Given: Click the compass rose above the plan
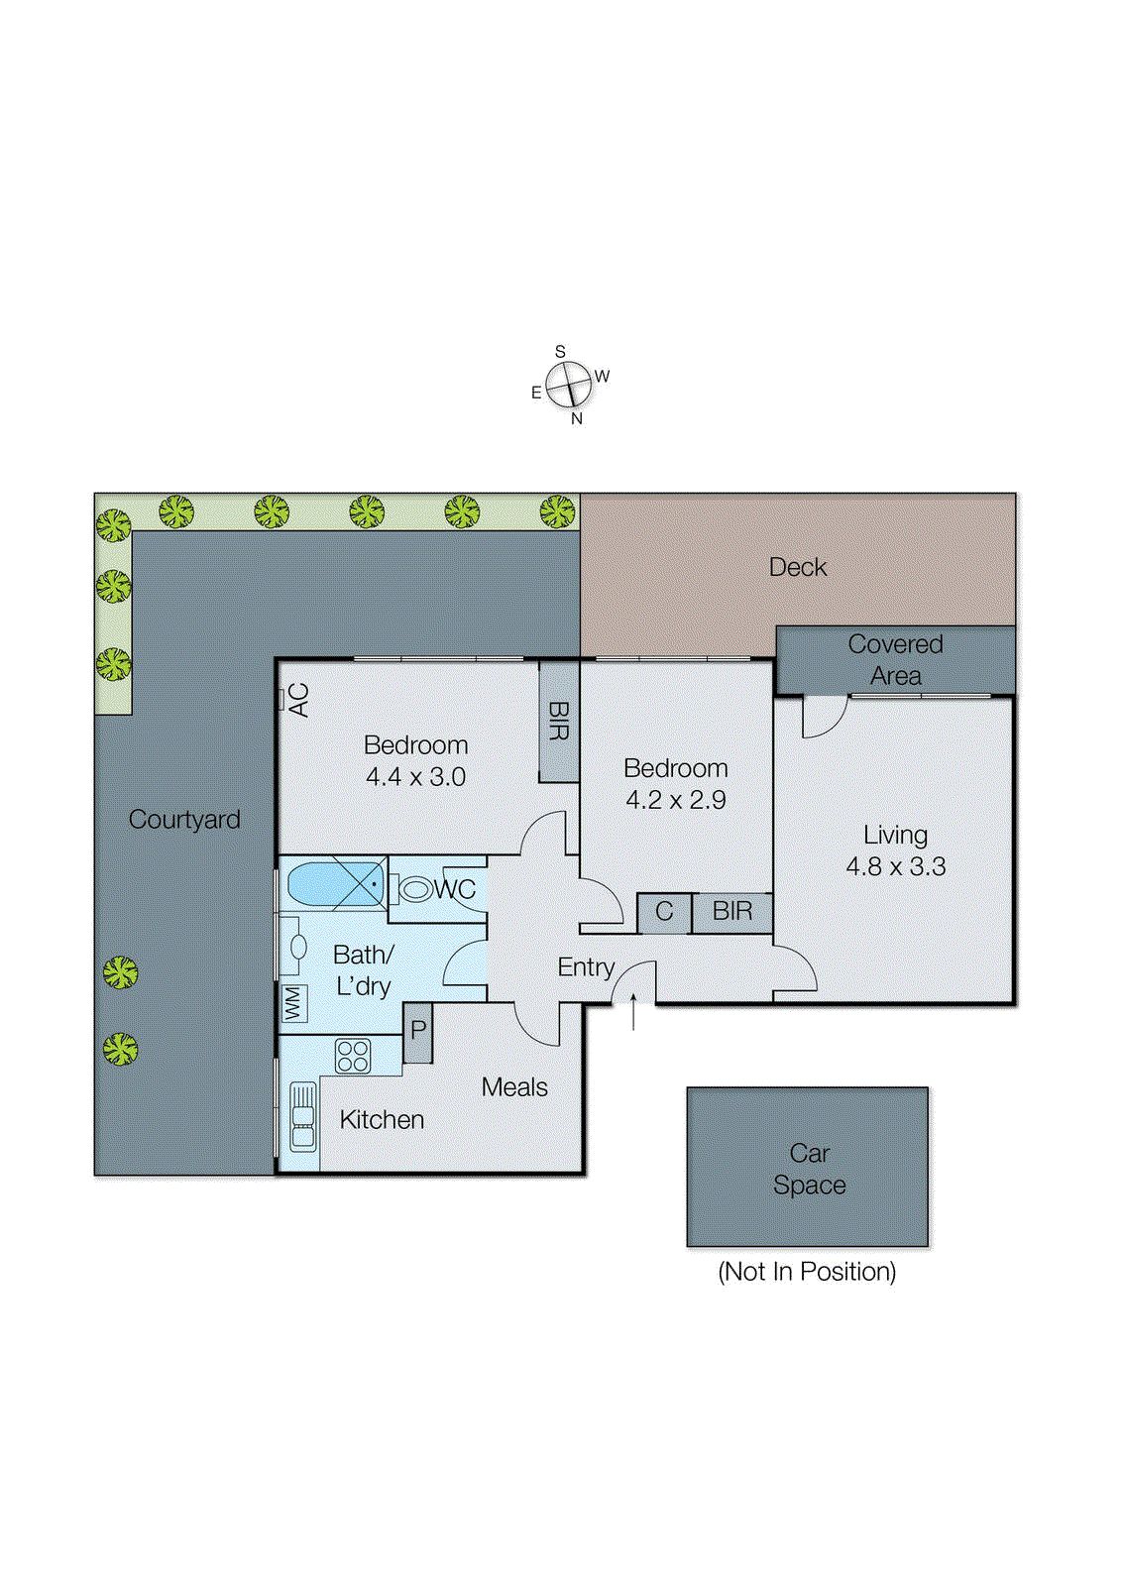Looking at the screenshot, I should [x=569, y=384].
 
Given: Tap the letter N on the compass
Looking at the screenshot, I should [x=577, y=419].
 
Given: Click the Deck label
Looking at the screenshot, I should [x=797, y=567].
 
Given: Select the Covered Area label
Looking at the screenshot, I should [x=895, y=659].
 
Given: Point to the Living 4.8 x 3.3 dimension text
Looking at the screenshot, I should [x=895, y=866].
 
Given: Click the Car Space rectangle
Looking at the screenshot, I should [x=808, y=1167].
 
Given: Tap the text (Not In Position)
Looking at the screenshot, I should [x=807, y=1272].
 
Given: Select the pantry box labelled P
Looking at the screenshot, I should [x=418, y=1031].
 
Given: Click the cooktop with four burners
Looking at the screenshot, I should [x=353, y=1056].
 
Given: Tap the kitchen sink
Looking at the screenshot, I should [x=303, y=1116].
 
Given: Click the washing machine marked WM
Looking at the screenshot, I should [x=293, y=1003].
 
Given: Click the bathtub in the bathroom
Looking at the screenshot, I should [x=335, y=883].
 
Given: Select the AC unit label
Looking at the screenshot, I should [x=297, y=700].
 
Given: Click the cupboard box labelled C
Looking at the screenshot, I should [x=664, y=912].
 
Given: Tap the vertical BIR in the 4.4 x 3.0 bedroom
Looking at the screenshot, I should [x=559, y=722].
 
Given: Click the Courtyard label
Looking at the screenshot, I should [x=184, y=820].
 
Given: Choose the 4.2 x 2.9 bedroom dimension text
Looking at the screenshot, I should [x=676, y=800].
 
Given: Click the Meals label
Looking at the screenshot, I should [x=514, y=1087].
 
